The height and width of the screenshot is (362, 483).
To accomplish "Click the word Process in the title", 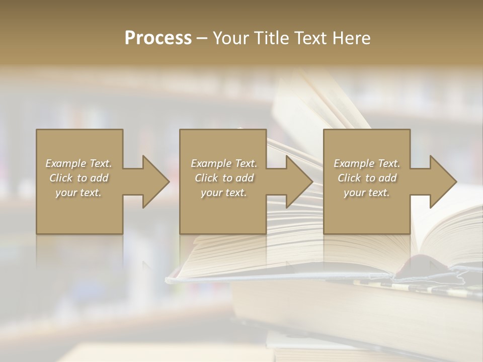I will click(158, 38).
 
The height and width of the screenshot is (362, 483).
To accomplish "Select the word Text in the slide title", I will click(310, 38).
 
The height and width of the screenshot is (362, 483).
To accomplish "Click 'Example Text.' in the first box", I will click(79, 163).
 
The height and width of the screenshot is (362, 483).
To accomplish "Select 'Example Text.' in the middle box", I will click(224, 163).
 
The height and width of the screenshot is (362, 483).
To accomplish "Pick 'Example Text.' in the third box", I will click(367, 163).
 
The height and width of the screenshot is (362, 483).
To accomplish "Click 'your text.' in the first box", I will click(78, 193).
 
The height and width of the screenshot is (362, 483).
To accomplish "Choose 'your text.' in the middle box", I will click(224, 193).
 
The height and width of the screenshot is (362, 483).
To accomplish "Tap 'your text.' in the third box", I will click(367, 193).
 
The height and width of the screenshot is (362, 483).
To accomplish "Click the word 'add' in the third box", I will click(387, 178).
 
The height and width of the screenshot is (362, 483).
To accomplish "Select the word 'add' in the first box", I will click(99, 178).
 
